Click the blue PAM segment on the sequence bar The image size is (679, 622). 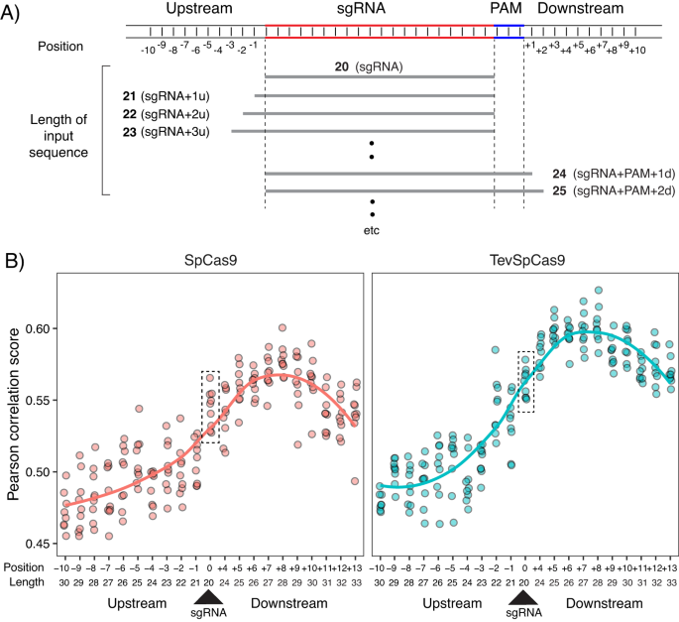(x=509, y=27)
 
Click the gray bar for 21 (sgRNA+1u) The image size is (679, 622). (x=374, y=95)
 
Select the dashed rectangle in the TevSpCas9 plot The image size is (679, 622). (x=525, y=381)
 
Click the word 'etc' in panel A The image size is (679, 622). (x=372, y=230)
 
